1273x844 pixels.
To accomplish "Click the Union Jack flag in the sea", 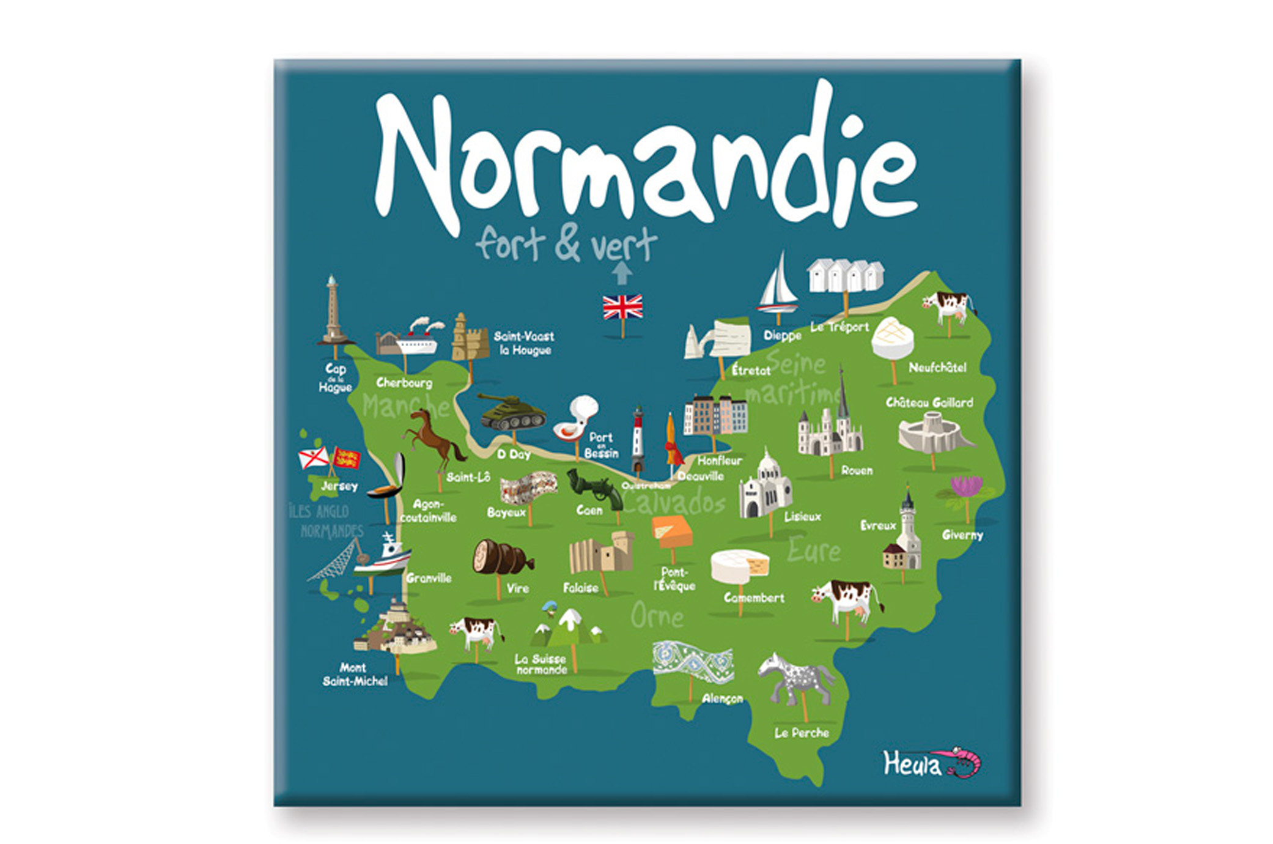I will tap(622, 307).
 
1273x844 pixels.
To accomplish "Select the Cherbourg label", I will tap(404, 383).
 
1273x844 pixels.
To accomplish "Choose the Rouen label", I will tap(857, 470).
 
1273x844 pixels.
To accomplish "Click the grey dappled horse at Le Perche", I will tap(797, 678).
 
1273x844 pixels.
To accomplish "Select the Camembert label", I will tap(754, 598).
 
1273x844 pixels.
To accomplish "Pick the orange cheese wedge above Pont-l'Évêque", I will tap(672, 531).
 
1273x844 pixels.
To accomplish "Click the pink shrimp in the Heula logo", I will tap(964, 761).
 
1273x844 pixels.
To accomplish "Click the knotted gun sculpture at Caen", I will tap(594, 489).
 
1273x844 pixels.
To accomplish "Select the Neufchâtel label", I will tap(937, 368).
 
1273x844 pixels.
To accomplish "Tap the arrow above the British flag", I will tap(622, 273).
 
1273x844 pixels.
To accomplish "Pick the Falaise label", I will tap(581, 588).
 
